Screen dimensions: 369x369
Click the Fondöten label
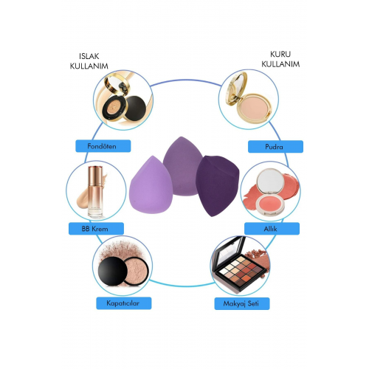click(103, 146)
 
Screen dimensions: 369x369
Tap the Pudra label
click(275, 147)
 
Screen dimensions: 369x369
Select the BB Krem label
click(96, 229)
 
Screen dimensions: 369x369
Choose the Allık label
click(272, 229)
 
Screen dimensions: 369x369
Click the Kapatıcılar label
click(124, 303)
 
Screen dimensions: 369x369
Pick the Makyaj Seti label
click(242, 303)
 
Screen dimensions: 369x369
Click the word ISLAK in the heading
click(89, 56)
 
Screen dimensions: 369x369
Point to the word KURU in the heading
click(280, 54)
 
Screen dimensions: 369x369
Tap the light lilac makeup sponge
click(151, 185)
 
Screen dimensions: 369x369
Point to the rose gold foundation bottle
click(95, 192)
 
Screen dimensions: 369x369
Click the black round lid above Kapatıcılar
click(113, 271)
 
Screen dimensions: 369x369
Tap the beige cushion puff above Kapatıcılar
click(136, 271)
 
